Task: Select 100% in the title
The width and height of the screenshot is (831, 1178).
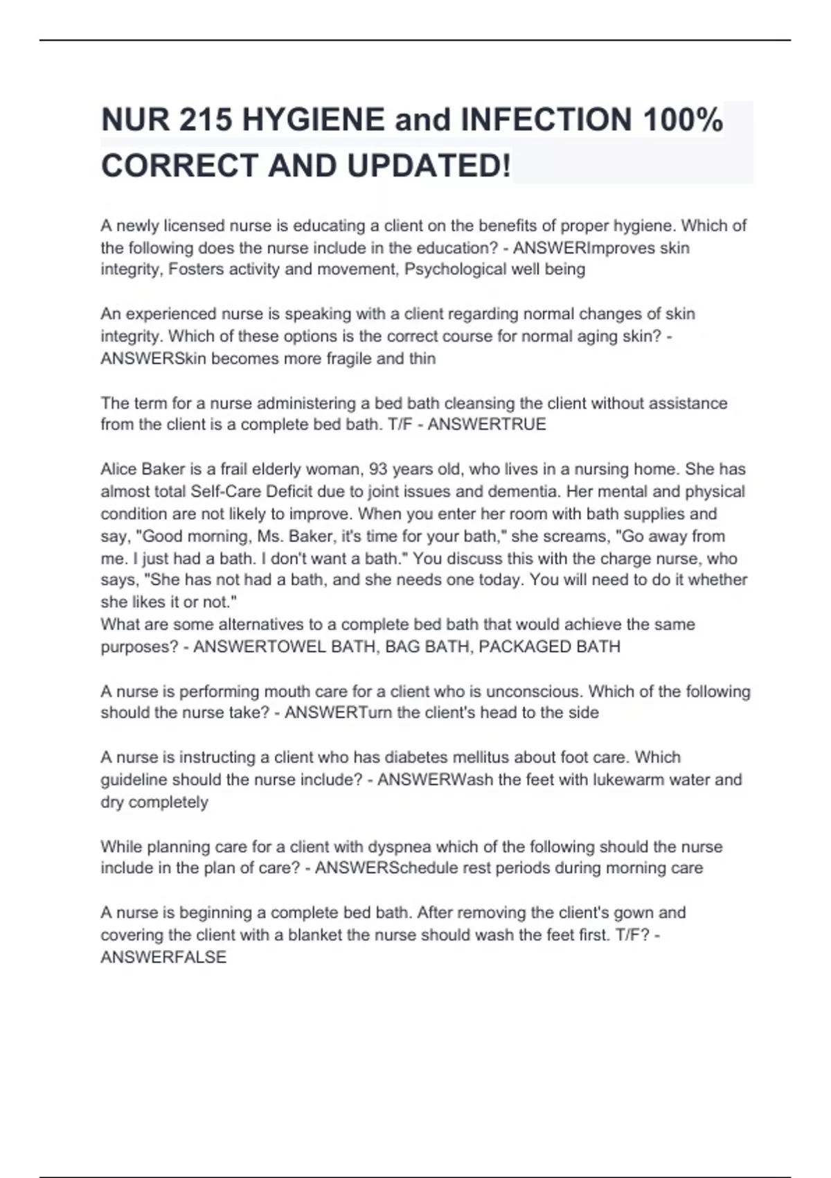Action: coord(683,120)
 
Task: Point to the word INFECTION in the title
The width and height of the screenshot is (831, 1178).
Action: coord(546,120)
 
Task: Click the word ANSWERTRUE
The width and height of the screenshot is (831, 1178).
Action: coord(487,424)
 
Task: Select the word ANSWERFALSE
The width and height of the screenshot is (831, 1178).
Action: coord(163,957)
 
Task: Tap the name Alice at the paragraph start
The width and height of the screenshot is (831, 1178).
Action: coord(119,469)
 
